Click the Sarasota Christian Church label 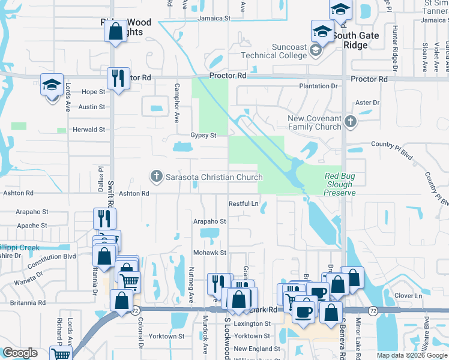(214, 177)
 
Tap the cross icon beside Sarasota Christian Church (157, 176)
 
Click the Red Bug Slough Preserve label (340, 184)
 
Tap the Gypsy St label (203, 136)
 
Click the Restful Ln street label (243, 204)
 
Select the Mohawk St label (209, 253)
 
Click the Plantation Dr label (319, 86)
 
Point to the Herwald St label (89, 130)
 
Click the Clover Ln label (409, 296)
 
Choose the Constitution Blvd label (53, 256)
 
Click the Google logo (20, 353)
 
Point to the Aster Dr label (367, 103)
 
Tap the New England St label (256, 349)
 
